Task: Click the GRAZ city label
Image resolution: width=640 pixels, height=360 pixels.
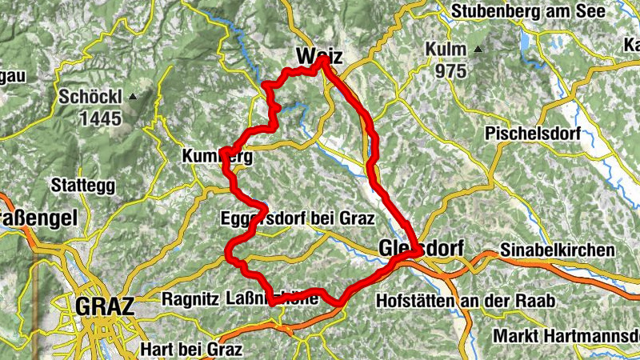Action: [x=104, y=306]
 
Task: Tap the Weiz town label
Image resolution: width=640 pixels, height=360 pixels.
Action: [x=318, y=57]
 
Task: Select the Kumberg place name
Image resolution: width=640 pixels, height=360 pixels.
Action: [x=217, y=158]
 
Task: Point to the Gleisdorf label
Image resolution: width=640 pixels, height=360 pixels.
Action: [x=419, y=249]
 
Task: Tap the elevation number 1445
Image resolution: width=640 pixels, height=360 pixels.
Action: [x=100, y=119]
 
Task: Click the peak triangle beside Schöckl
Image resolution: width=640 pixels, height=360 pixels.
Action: [x=133, y=97]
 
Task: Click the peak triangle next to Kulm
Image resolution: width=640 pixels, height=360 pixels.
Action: [x=478, y=50]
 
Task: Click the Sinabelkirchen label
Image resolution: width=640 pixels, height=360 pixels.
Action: [x=558, y=250]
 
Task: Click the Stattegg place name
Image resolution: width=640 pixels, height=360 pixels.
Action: [x=82, y=186]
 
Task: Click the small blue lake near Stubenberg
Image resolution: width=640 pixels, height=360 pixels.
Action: [x=526, y=40]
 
